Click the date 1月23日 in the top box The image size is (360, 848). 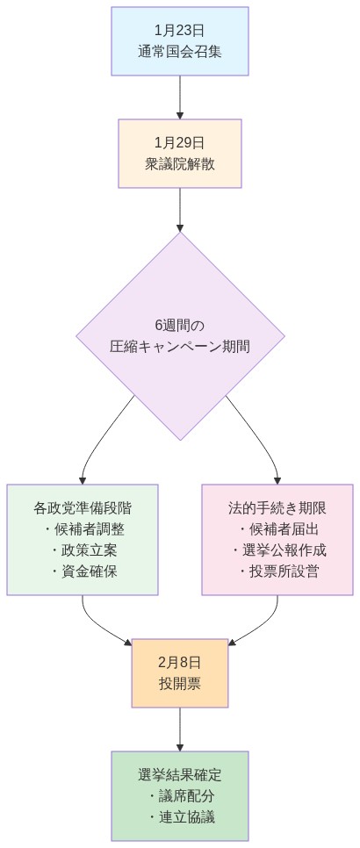coord(180,31)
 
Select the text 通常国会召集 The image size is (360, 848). coord(180,51)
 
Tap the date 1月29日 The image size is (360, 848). coord(180,142)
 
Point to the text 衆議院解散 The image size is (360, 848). coord(180,163)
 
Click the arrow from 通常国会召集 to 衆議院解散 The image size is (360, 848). coord(180,97)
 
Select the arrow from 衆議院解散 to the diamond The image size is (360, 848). coord(180,209)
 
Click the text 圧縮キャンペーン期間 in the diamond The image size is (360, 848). coord(180,346)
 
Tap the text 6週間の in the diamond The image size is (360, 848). coord(180,325)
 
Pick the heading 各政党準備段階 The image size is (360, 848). coord(83,508)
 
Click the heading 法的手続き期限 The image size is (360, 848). coord(277,508)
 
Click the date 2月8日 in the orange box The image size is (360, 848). coord(180,662)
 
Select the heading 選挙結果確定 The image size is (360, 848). coord(180,775)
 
